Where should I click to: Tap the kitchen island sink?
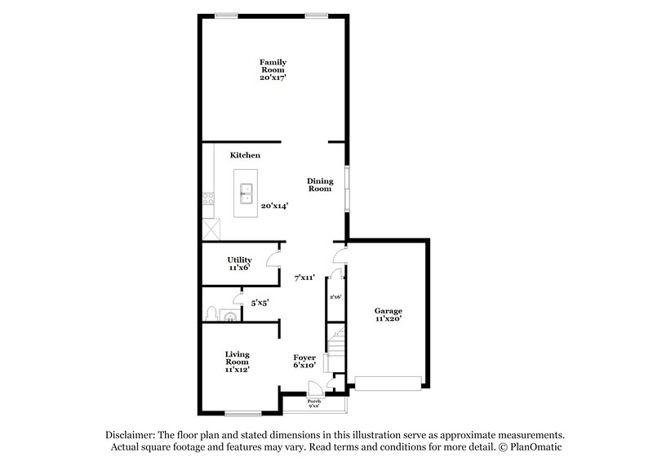tap(245, 194)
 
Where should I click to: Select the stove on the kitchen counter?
tap(208, 198)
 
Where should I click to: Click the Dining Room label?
tap(319, 184)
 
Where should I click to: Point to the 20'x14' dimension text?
tap(274, 206)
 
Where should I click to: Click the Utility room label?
tap(239, 263)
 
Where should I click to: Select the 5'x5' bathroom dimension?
tap(260, 302)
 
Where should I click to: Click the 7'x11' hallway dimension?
tap(305, 277)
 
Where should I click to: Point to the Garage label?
tap(388, 315)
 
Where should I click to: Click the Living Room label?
tap(238, 361)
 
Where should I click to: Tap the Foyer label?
tap(304, 361)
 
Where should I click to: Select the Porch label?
tap(313, 403)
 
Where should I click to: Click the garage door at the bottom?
tap(388, 381)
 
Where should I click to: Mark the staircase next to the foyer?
tap(336, 347)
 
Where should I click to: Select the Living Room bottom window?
tap(242, 413)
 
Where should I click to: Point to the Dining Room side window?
tap(347, 188)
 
